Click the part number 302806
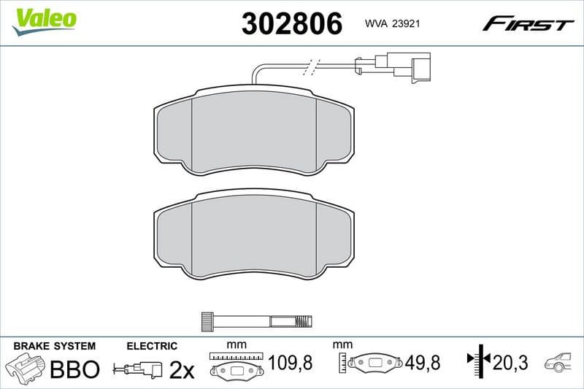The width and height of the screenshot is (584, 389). (291, 25)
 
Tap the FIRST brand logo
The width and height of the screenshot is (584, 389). (528, 25)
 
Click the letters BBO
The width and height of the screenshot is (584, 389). (74, 369)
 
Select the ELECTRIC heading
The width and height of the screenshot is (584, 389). (151, 346)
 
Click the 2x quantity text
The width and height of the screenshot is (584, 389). (182, 370)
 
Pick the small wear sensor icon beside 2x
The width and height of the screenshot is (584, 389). (139, 369)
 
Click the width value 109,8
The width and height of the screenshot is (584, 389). (291, 363)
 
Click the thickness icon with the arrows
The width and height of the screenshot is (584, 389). (476, 360)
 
